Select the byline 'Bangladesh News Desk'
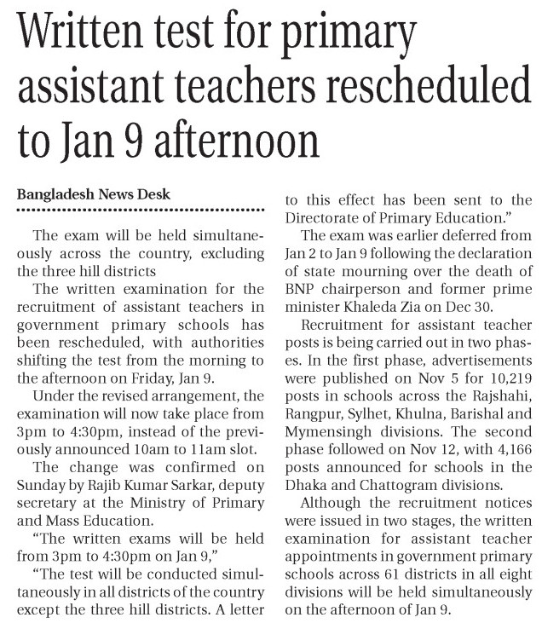point(94,194)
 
